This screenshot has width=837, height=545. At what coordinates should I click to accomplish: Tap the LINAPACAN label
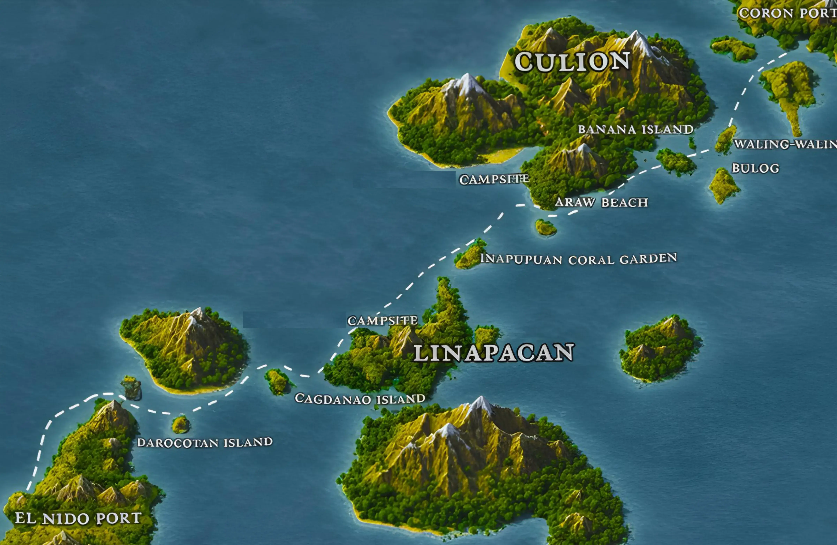[x=493, y=353]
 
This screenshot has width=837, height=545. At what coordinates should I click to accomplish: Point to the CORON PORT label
[x=787, y=13]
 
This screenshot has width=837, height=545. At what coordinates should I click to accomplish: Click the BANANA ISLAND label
[x=635, y=129]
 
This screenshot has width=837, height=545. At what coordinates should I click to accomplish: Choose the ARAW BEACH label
[x=601, y=202]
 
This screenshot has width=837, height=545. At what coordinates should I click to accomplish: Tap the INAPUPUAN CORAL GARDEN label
[x=579, y=259]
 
